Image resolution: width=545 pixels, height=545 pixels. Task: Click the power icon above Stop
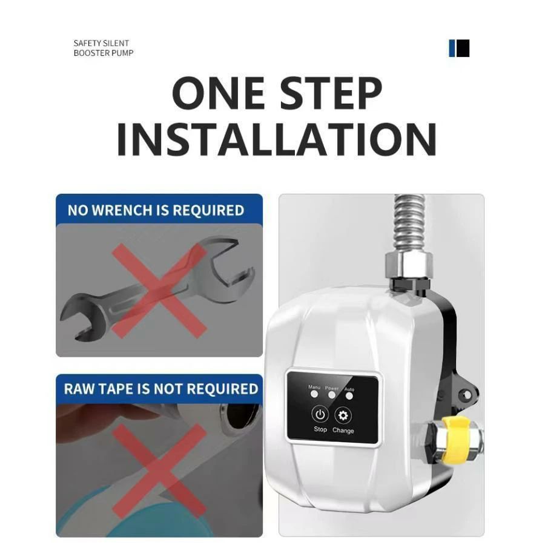[320, 415]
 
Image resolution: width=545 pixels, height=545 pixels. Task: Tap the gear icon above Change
[343, 415]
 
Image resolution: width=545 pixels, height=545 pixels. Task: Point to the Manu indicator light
[314, 394]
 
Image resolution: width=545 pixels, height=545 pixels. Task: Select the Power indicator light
[332, 395]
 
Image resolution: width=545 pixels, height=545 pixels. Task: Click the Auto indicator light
[349, 396]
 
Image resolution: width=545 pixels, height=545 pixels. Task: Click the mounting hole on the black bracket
[467, 395]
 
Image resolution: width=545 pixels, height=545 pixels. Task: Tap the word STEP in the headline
[331, 93]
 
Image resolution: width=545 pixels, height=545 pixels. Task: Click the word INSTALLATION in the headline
[277, 139]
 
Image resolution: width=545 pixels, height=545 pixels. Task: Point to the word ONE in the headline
[218, 93]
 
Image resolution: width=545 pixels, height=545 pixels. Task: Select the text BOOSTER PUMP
[104, 53]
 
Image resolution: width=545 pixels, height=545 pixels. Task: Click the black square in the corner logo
[463, 48]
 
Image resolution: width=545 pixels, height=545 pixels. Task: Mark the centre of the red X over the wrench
[159, 291]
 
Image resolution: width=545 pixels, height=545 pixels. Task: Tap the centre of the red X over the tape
[159, 471]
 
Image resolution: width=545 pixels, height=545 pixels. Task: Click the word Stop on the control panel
[320, 429]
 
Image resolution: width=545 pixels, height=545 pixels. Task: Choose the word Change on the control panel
[343, 431]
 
